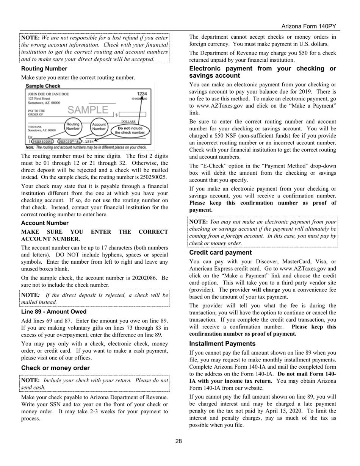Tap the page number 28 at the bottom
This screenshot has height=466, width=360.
178,441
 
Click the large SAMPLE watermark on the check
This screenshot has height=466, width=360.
88,110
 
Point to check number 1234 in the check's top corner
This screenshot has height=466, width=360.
142,94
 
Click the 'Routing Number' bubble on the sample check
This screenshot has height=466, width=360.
73,126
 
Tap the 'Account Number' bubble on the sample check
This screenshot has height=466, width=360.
99,126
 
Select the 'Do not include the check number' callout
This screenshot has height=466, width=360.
130,130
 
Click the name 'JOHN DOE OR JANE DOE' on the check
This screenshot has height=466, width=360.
49,94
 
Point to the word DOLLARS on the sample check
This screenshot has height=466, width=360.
128,122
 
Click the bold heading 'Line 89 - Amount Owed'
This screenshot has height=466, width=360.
54,312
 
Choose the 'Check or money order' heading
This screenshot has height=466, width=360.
55,368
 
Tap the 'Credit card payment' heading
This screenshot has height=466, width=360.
220,252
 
